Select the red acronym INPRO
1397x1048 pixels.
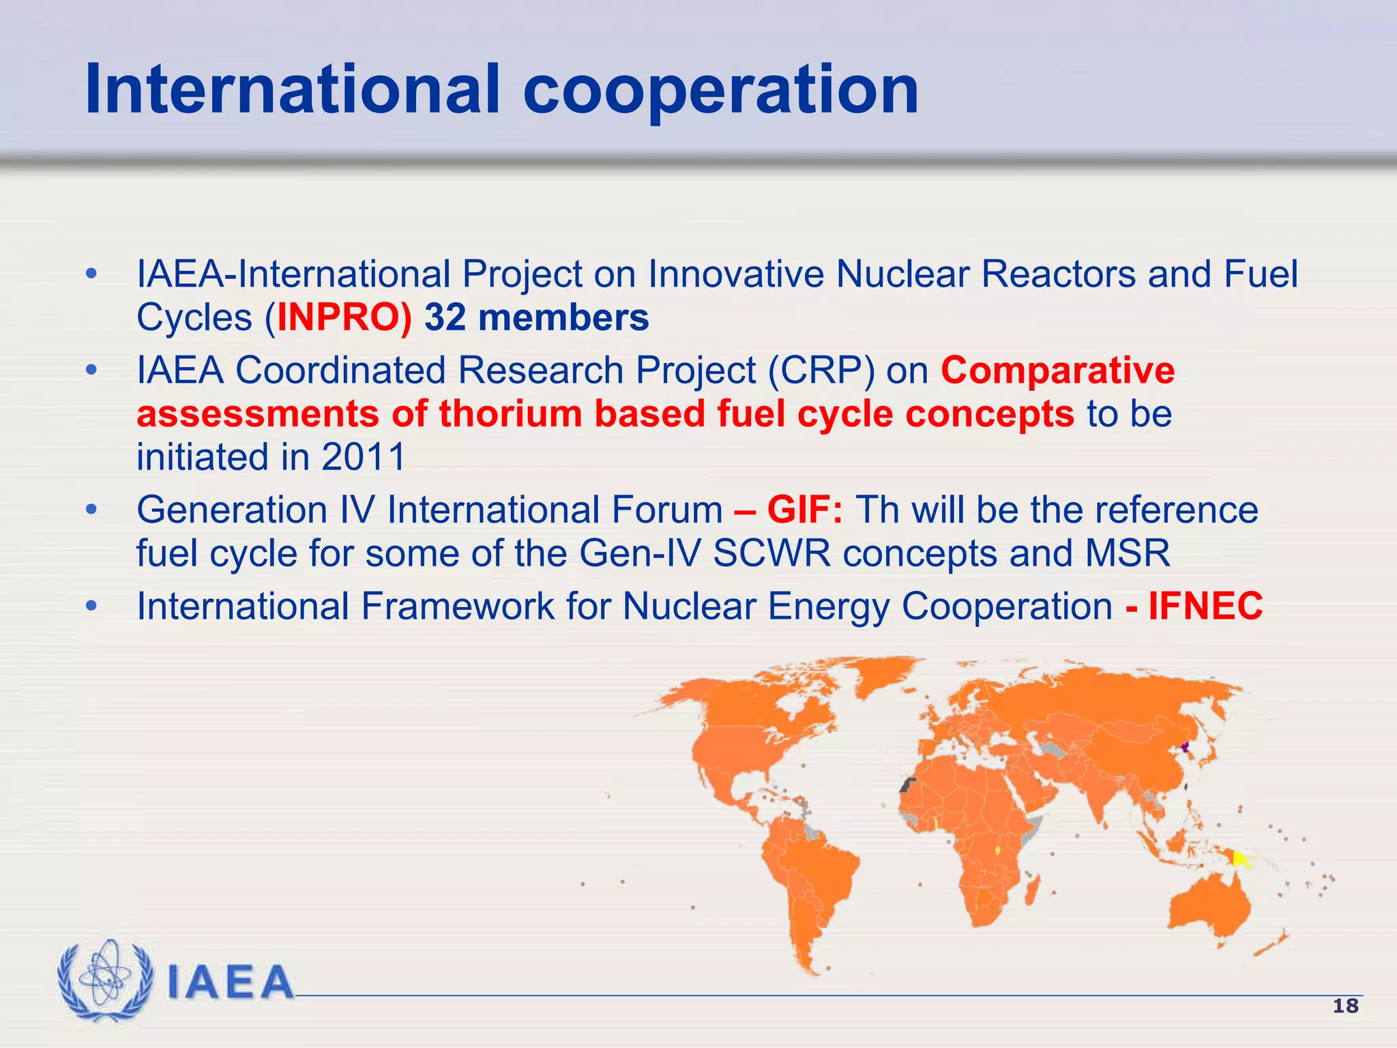[x=339, y=318]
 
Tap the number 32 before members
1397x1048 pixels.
[x=445, y=318]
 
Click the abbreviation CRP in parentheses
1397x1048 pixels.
[x=821, y=370]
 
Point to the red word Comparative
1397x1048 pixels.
[x=1057, y=370]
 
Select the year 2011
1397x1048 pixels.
[x=363, y=457]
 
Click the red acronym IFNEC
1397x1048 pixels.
[x=1205, y=607]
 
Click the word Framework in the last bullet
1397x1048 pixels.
[x=457, y=607]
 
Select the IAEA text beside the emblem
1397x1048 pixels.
[x=230, y=982]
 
